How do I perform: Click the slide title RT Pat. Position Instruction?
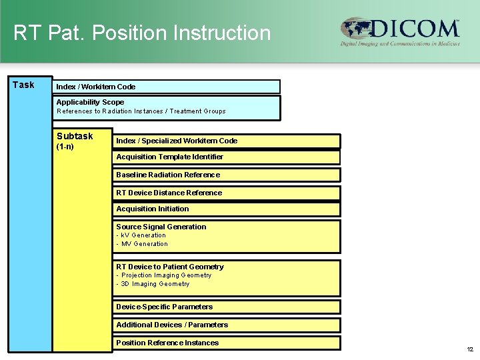pyautogui.click(x=142, y=33)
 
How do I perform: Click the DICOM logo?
pyautogui.click(x=400, y=31)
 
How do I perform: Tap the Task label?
pyautogui.click(x=23, y=85)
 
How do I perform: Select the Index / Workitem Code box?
pyautogui.click(x=167, y=87)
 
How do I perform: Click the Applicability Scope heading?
pyautogui.click(x=90, y=102)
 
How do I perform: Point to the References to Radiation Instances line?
pyautogui.click(x=141, y=111)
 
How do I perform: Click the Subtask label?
pyautogui.click(x=75, y=136)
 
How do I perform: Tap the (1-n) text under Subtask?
pyautogui.click(x=65, y=147)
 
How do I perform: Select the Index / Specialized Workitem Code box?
pyautogui.click(x=227, y=141)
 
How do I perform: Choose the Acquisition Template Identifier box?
pyautogui.click(x=227, y=157)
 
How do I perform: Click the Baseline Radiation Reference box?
pyautogui.click(x=227, y=175)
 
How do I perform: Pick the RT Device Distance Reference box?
pyautogui.click(x=227, y=193)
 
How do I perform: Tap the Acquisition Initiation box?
pyautogui.click(x=227, y=209)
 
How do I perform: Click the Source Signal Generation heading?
pyautogui.click(x=161, y=227)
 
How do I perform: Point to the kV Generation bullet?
pyautogui.click(x=141, y=235)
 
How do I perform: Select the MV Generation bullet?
pyautogui.click(x=142, y=244)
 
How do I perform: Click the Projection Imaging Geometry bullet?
pyautogui.click(x=164, y=275)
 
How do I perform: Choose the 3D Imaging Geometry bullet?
pyautogui.click(x=153, y=284)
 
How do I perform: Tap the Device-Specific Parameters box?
pyautogui.click(x=227, y=307)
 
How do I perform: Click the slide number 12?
pyautogui.click(x=470, y=349)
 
